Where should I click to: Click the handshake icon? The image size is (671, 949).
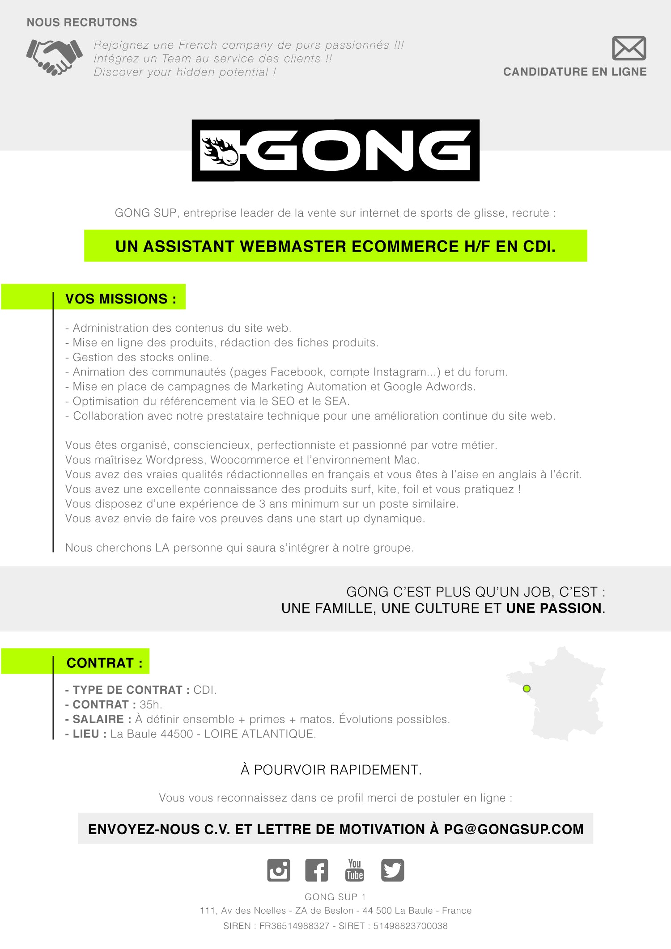[x=55, y=57]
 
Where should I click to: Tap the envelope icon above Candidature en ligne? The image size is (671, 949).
[x=629, y=48]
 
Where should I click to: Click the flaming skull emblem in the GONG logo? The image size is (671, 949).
[x=220, y=151]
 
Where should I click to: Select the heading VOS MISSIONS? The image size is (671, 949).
[x=121, y=299]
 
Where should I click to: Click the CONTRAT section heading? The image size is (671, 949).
[x=105, y=662]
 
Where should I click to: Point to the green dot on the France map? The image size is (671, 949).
[x=527, y=688]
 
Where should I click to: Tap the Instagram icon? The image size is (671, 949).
[x=278, y=870]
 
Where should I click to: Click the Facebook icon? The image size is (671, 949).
[x=316, y=870]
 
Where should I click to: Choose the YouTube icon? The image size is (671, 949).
[x=354, y=870]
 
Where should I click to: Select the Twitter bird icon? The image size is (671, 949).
[x=392, y=870]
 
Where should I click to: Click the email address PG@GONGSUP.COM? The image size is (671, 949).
[x=514, y=829]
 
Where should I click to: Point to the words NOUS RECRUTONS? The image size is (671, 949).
[x=82, y=22]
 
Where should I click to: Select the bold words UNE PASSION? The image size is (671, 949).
[x=554, y=608]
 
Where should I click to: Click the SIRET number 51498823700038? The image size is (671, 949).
[x=410, y=926]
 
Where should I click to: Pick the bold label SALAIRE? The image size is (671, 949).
[x=98, y=719]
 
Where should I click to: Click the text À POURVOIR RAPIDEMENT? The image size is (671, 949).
[x=331, y=770]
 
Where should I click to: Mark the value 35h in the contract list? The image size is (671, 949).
[x=150, y=704]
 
